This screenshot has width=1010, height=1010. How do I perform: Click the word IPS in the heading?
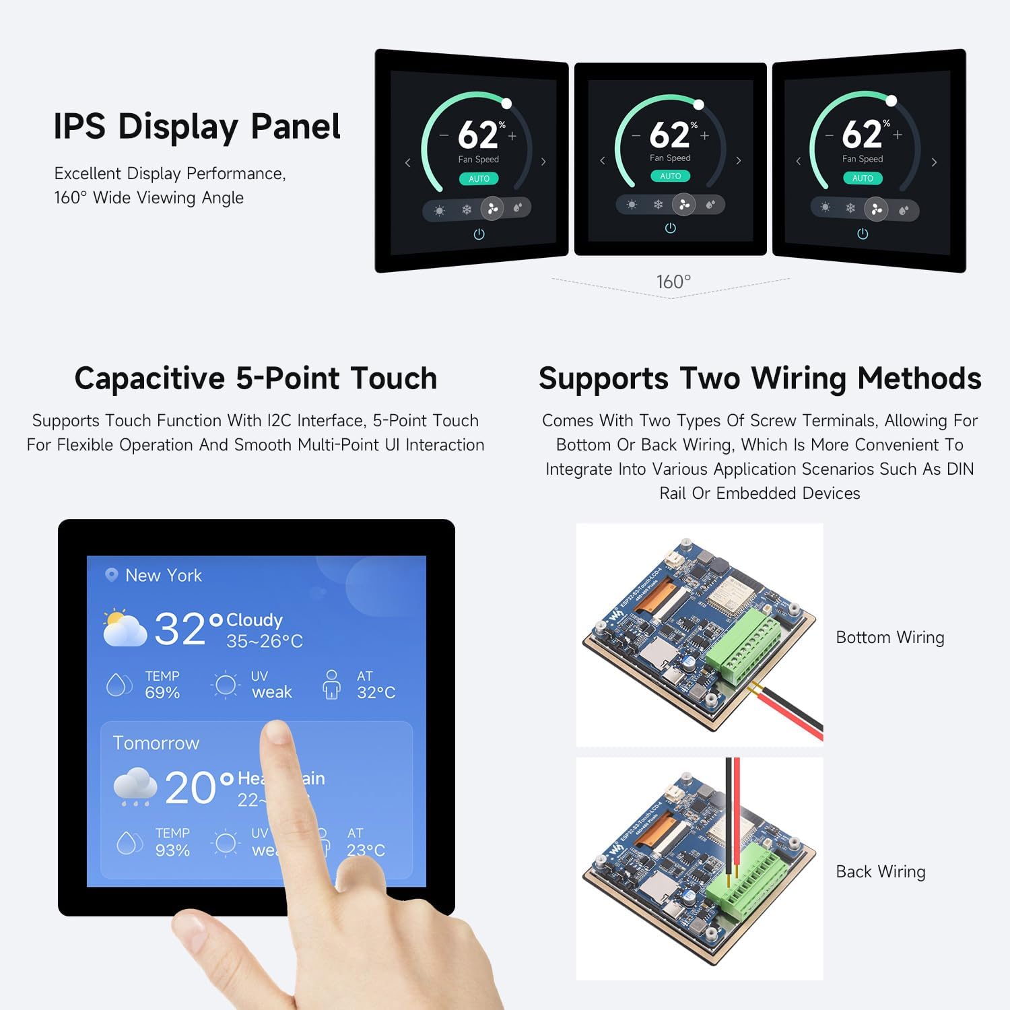pos(79,127)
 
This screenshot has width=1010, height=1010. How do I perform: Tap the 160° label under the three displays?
pos(673,281)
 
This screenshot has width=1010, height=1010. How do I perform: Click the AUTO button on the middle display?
pos(670,176)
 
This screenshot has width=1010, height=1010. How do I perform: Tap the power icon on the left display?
pos(479,234)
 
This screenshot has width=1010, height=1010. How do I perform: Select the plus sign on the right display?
pos(898,135)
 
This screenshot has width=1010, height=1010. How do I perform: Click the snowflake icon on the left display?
pos(466,209)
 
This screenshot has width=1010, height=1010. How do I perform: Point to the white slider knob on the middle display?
pos(699,104)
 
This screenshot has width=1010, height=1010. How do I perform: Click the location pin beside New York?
pos(111,574)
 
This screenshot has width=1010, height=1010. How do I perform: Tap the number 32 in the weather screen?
pos(179,629)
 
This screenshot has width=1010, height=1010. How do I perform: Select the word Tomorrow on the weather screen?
pos(156,743)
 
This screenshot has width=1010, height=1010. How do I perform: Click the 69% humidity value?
pos(162,693)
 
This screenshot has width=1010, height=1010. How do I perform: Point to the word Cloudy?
pos(254,619)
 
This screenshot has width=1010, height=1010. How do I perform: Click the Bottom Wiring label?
pos(889,637)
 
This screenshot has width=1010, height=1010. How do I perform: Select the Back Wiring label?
pos(880,871)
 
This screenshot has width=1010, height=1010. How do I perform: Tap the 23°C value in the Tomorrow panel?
pos(366,850)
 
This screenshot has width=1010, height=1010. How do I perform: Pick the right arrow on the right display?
pos(934,162)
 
